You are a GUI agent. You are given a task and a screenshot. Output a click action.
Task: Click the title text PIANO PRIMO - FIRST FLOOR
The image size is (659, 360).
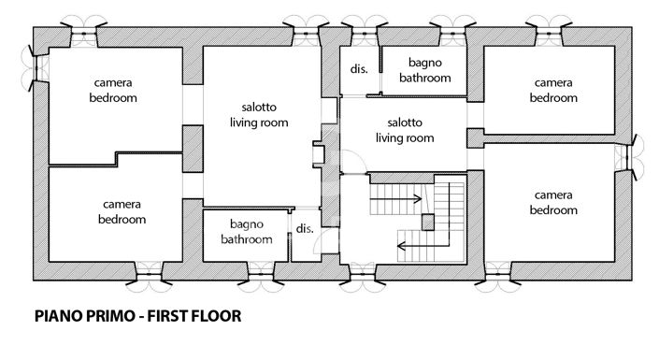point(138,316)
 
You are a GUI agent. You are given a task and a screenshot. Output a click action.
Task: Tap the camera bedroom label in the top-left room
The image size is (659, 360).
point(114,91)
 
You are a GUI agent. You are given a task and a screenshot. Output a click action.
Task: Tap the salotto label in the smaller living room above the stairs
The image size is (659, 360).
point(405,130)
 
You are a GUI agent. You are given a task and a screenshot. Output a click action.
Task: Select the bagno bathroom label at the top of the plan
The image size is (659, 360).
point(424,70)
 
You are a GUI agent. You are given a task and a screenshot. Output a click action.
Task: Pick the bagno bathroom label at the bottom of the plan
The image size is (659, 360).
point(247,232)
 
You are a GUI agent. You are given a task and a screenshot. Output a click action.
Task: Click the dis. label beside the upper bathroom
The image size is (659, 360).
point(358,69)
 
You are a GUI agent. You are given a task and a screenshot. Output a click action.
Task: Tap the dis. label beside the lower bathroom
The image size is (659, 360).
point(304,228)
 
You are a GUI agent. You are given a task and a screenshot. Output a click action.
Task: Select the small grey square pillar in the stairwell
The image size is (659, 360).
point(428,222)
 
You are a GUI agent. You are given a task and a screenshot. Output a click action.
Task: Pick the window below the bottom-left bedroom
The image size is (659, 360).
point(150,271)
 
